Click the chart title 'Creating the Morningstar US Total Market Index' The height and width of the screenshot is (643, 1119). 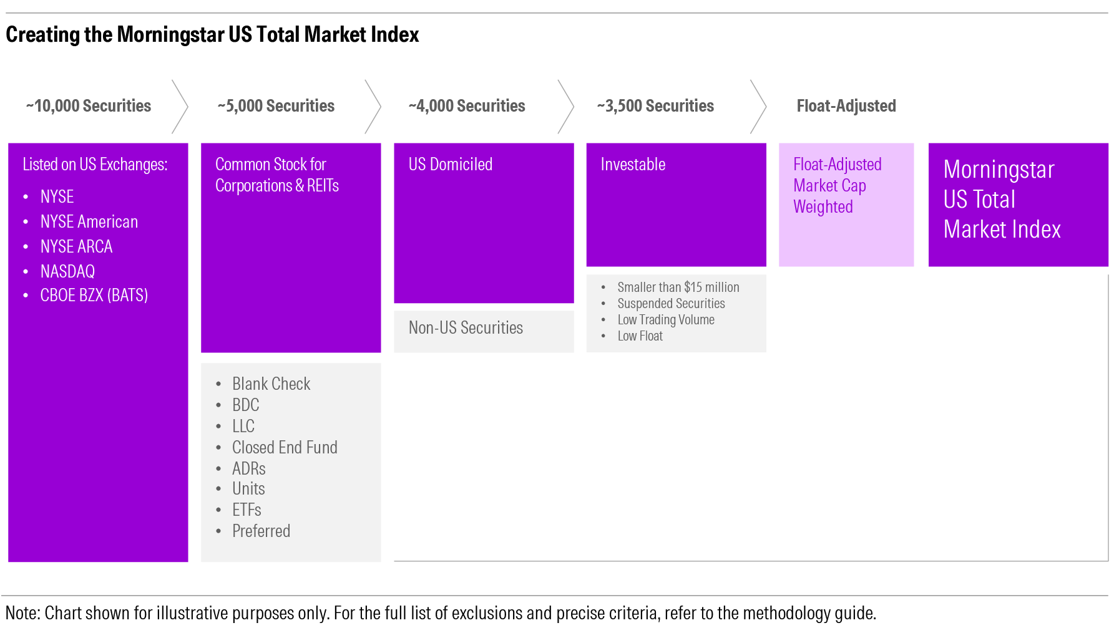(x=212, y=34)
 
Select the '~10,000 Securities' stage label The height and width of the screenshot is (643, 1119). (x=89, y=106)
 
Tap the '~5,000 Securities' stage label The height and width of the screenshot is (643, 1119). (x=276, y=106)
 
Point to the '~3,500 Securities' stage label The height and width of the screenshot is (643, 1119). (x=655, y=106)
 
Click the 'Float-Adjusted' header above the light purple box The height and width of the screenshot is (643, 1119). (x=846, y=106)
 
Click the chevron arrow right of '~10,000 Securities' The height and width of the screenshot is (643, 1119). (x=180, y=107)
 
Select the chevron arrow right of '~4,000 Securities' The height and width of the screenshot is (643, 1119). (x=565, y=107)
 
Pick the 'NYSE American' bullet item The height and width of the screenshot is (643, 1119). (x=89, y=221)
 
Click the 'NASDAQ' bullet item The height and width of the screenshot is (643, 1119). (x=67, y=271)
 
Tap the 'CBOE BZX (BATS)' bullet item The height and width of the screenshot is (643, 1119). (x=94, y=295)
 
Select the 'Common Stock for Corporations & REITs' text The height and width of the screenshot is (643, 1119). (x=277, y=175)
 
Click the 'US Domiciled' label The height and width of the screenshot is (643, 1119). (x=451, y=164)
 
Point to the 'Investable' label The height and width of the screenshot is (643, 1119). (x=633, y=164)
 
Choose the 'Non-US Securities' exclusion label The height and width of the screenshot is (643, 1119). (x=466, y=327)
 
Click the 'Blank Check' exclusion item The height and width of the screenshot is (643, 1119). (x=271, y=384)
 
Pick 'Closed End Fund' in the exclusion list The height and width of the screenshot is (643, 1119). (x=285, y=447)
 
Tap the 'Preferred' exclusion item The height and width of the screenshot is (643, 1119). (x=261, y=531)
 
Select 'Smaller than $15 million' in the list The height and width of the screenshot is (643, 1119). (x=678, y=287)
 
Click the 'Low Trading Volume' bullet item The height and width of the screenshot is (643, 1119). (x=666, y=319)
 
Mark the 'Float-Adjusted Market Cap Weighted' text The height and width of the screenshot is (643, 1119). (x=838, y=185)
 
